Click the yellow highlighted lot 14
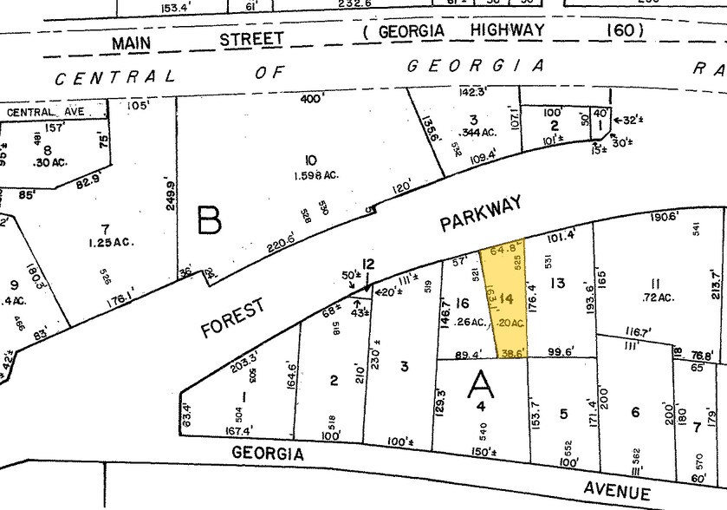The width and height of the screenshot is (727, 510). [x=507, y=299]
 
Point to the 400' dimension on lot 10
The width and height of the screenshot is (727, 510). [x=311, y=99]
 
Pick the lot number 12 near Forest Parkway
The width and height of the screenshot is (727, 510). [x=367, y=265]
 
